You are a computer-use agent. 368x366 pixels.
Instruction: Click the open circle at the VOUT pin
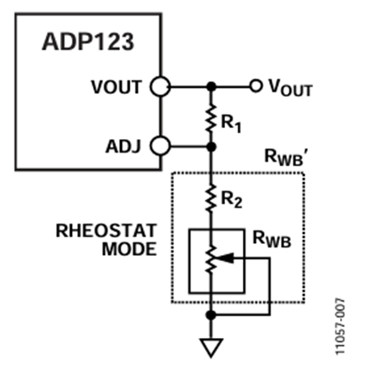coord(159,86)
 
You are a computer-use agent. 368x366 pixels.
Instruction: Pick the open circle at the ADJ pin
coord(159,146)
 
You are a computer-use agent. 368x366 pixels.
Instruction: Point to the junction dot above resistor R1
coord(211,86)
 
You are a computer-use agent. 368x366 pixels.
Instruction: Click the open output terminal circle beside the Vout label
coord(255,86)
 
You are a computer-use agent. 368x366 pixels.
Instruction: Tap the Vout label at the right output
coord(291,87)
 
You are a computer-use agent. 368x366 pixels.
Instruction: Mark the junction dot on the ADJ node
coord(211,146)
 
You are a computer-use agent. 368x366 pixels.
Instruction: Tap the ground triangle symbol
coord(211,346)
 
